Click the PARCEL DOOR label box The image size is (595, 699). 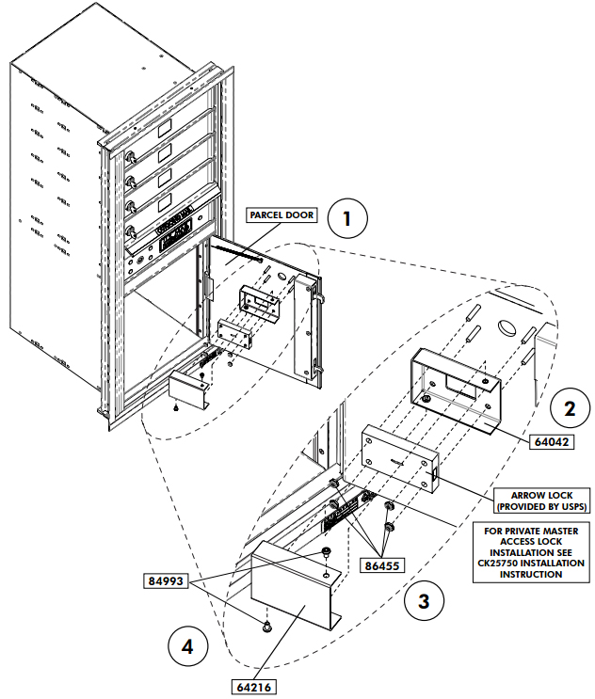[x=281, y=214]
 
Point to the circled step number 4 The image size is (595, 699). [x=189, y=647]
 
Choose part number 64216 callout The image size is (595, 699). [x=253, y=687]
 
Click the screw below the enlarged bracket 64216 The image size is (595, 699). [x=267, y=625]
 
